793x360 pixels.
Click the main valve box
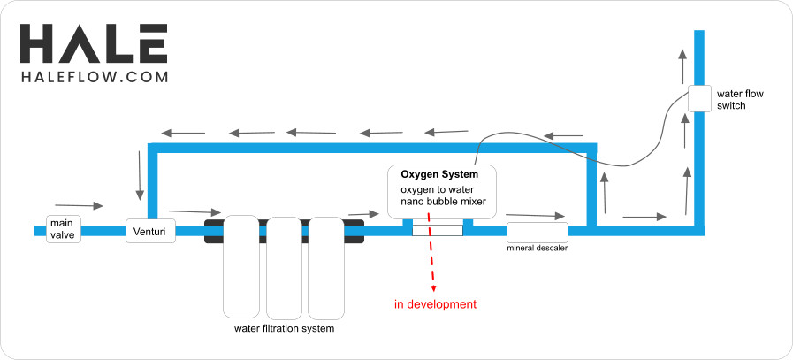[x=64, y=229]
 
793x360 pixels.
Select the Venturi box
[x=150, y=232]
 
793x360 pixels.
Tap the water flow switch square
[x=699, y=98]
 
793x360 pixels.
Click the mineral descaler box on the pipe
[x=538, y=232]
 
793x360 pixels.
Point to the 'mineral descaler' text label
[x=537, y=248]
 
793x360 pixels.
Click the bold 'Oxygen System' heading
[x=434, y=174]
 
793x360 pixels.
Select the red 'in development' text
[x=435, y=304]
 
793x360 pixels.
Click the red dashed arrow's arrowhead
[x=433, y=288]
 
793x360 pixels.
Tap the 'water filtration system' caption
[x=284, y=329]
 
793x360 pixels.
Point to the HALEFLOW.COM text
[x=94, y=77]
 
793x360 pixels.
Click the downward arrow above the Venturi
[x=139, y=175]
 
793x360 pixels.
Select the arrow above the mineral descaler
[x=535, y=214]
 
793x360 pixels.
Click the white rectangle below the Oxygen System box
[x=438, y=231]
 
